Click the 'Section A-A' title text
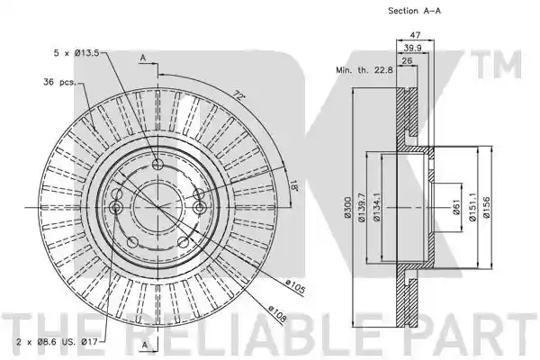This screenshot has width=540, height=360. (x=414, y=11)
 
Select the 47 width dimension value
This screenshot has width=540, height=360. (x=415, y=35)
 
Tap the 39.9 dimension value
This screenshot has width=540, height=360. (x=412, y=48)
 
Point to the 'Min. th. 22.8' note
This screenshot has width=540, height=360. (x=364, y=70)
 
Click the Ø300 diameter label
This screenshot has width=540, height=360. (x=347, y=207)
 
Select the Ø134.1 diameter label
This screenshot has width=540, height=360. (x=377, y=207)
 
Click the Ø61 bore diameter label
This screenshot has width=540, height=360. (x=456, y=207)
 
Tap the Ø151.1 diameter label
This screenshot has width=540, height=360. (x=472, y=207)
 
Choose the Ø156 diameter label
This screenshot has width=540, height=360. (x=486, y=207)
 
